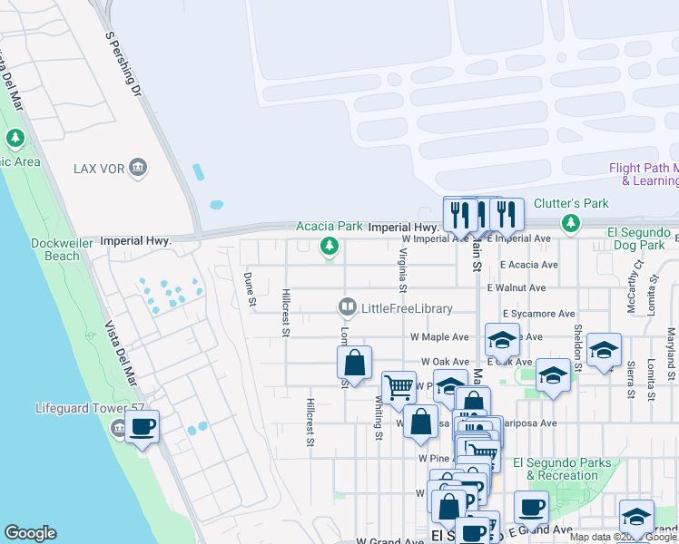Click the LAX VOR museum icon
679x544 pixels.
[137, 167]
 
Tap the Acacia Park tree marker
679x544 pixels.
[329, 246]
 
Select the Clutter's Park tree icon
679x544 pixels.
[570, 222]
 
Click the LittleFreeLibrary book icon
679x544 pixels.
[347, 308]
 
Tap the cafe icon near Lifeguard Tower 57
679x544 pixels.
[143, 427]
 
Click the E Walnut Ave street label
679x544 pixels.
[516, 288]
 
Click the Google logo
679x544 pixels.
[30, 533]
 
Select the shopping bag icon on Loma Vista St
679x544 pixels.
[355, 363]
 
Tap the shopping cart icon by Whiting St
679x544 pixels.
[399, 387]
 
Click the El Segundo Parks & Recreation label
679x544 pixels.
[562, 469]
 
